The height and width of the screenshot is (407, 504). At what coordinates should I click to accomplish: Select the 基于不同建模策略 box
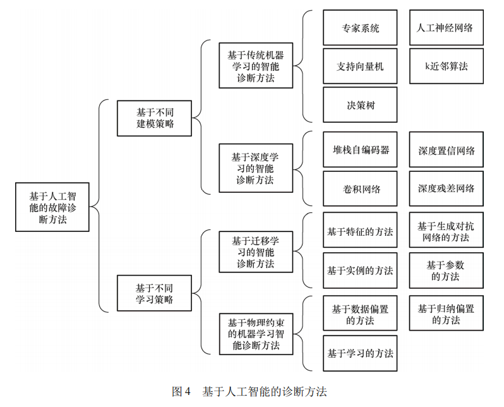click(154, 118)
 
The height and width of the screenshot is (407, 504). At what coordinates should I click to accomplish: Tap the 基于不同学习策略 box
click(154, 293)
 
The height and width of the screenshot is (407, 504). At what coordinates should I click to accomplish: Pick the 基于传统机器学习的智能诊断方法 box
click(256, 66)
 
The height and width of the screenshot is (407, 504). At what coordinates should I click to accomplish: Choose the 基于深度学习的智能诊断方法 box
click(256, 168)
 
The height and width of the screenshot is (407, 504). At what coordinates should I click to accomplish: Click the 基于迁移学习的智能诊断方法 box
click(256, 252)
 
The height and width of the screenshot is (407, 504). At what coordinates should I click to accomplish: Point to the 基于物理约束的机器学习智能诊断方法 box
click(256, 333)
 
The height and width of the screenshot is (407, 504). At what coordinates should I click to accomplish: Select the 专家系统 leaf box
click(360, 28)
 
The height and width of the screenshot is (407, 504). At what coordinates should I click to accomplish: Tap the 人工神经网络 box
click(446, 28)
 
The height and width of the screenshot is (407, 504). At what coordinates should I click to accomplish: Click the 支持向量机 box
click(360, 66)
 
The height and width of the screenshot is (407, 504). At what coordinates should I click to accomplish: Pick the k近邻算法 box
click(446, 66)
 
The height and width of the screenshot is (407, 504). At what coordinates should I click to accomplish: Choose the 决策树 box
click(360, 105)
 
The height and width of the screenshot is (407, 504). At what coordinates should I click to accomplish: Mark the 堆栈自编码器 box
click(360, 150)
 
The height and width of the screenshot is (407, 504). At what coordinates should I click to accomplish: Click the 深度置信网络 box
click(446, 150)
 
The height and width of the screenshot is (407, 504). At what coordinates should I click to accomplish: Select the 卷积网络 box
click(360, 188)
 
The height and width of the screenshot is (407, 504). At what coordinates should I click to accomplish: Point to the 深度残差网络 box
click(446, 188)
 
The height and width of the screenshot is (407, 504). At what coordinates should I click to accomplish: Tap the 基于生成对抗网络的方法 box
click(446, 231)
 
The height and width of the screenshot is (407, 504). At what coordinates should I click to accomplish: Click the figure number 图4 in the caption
click(181, 392)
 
